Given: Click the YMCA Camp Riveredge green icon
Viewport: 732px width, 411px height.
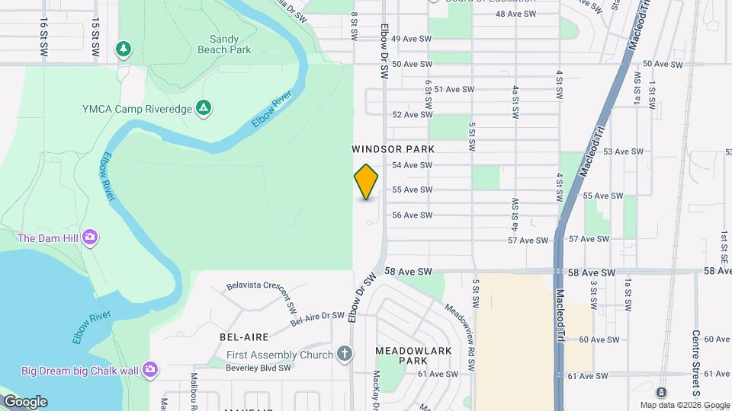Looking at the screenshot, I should [x=204, y=108].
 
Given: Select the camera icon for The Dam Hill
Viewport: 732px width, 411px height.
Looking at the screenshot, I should [x=91, y=237].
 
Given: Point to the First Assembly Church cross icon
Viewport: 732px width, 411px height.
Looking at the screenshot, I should [x=345, y=354].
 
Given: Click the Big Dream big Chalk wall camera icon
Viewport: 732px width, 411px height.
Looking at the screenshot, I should [x=151, y=370].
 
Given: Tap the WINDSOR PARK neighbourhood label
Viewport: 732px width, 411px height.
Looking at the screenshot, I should [x=393, y=149].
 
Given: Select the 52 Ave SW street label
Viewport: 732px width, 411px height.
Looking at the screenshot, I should [x=413, y=115].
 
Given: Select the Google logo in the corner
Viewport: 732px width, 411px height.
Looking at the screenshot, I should [x=25, y=402].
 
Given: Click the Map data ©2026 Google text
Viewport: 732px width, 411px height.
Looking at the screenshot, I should [x=685, y=405].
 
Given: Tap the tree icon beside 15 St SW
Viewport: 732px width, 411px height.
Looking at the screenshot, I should [x=123, y=49].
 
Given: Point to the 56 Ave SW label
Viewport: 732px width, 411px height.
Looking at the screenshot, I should [x=413, y=215].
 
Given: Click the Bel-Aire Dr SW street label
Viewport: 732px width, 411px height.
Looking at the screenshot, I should [x=317, y=318].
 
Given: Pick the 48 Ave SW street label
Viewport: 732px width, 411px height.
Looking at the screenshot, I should [x=515, y=14].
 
